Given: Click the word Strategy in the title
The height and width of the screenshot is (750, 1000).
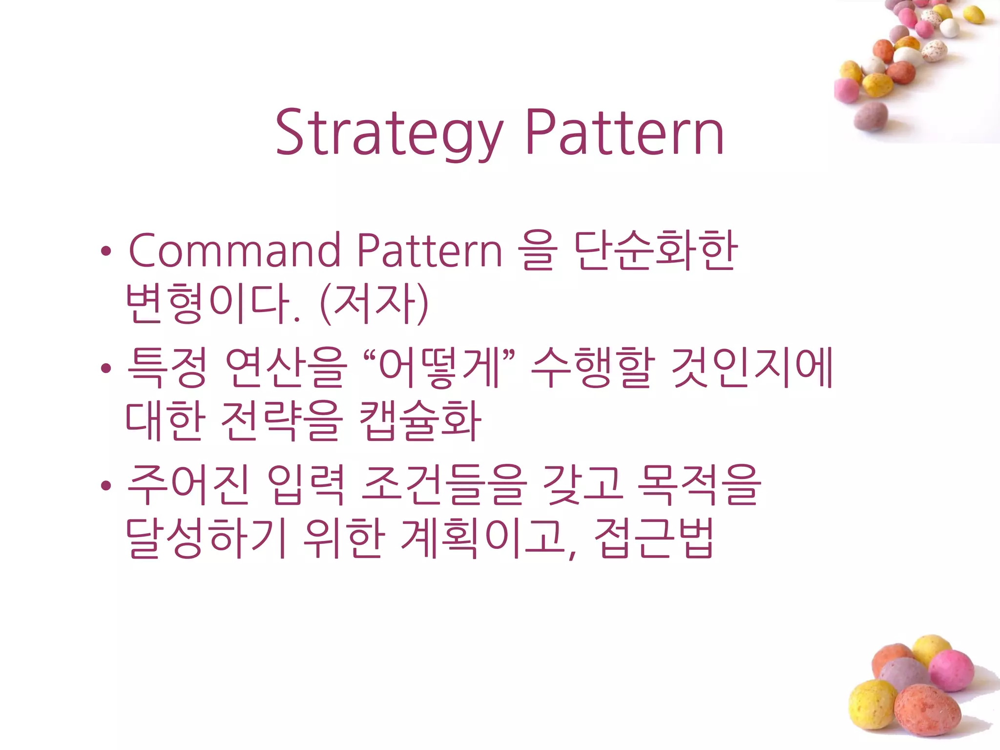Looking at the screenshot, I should (389, 133).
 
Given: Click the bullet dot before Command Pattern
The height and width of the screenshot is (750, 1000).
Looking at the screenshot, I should (106, 252).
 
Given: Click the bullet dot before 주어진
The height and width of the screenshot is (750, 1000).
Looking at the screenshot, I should (106, 486).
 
